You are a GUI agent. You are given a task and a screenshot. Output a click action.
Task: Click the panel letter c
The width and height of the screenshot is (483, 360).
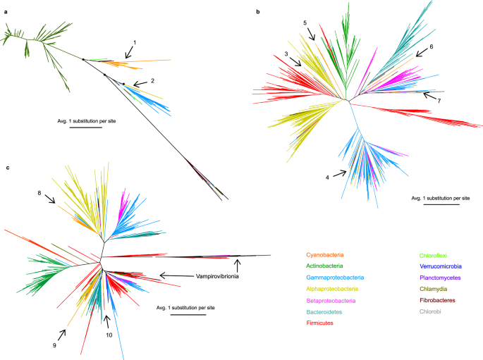(6, 167)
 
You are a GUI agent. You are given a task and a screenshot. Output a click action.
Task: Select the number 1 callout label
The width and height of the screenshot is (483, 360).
(135, 43)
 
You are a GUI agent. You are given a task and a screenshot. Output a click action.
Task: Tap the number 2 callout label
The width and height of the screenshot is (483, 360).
(152, 80)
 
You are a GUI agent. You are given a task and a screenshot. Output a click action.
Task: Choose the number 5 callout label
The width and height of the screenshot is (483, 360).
(305, 23)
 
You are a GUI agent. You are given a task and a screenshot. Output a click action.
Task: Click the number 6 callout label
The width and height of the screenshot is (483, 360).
(432, 46)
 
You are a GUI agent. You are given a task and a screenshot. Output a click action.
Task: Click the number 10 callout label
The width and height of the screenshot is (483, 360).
(107, 335)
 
